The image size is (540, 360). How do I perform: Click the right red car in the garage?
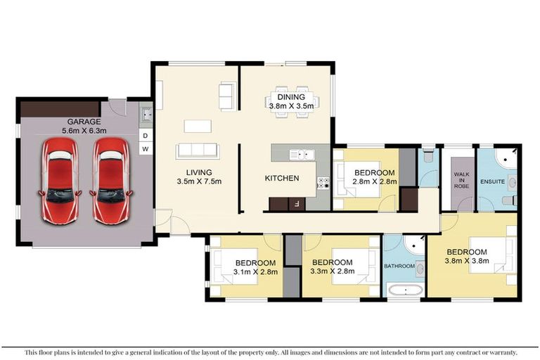[x=110, y=180]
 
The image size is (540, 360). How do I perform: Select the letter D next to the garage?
[x=146, y=135]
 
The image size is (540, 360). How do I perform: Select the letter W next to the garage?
[x=146, y=149]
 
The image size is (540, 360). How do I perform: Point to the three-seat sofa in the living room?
[x=198, y=150]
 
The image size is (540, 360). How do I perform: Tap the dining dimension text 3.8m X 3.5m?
[x=290, y=106]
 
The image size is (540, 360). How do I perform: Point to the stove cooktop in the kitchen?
[x=324, y=182]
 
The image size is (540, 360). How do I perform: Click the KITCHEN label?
[x=281, y=179]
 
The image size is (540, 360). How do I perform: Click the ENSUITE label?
[x=493, y=181]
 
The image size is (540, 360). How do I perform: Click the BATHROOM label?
[x=399, y=266]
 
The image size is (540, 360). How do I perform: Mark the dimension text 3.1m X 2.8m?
[x=255, y=271]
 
